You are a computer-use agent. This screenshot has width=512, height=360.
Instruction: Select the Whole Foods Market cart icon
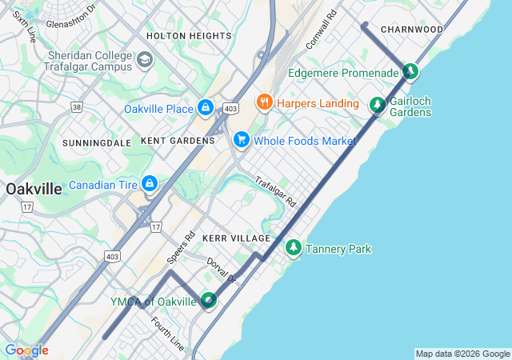[241, 140]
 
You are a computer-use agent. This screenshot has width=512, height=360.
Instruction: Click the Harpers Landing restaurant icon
[263, 102]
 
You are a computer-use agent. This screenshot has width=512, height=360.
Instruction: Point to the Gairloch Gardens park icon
[377, 106]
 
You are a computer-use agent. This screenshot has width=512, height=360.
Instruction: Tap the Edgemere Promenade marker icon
[410, 72]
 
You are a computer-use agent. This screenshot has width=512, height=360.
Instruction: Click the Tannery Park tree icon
[294, 249]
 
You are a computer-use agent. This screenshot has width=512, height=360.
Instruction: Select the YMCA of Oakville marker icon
[208, 301]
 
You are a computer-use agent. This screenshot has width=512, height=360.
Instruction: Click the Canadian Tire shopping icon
[149, 185]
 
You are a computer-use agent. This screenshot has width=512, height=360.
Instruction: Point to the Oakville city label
[34, 190]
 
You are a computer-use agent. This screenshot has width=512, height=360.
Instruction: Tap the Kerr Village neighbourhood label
[237, 238]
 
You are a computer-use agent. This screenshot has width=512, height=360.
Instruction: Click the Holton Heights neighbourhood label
[189, 36]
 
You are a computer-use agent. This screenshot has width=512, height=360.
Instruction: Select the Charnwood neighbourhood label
[412, 29]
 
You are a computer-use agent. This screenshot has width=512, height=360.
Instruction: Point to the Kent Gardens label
[178, 140]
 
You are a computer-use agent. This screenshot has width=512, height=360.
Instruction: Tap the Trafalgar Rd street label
[276, 192]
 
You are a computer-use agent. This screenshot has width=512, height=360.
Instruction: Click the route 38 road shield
[76, 106]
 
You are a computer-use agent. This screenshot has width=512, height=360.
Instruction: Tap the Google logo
[26, 350]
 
